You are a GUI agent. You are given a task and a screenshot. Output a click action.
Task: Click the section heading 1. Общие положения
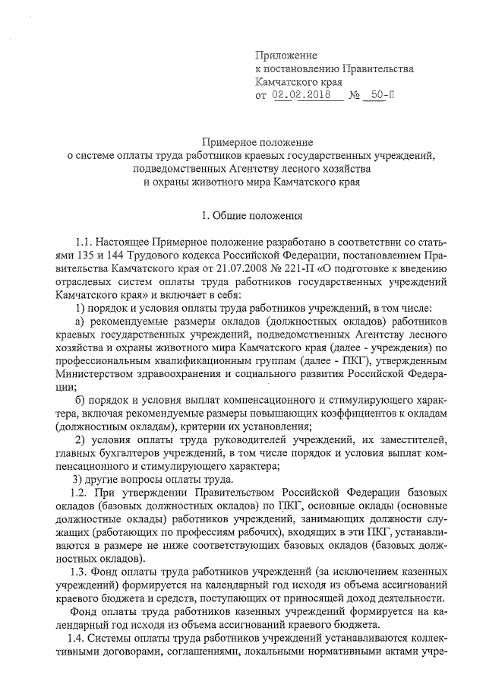click(242, 216)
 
